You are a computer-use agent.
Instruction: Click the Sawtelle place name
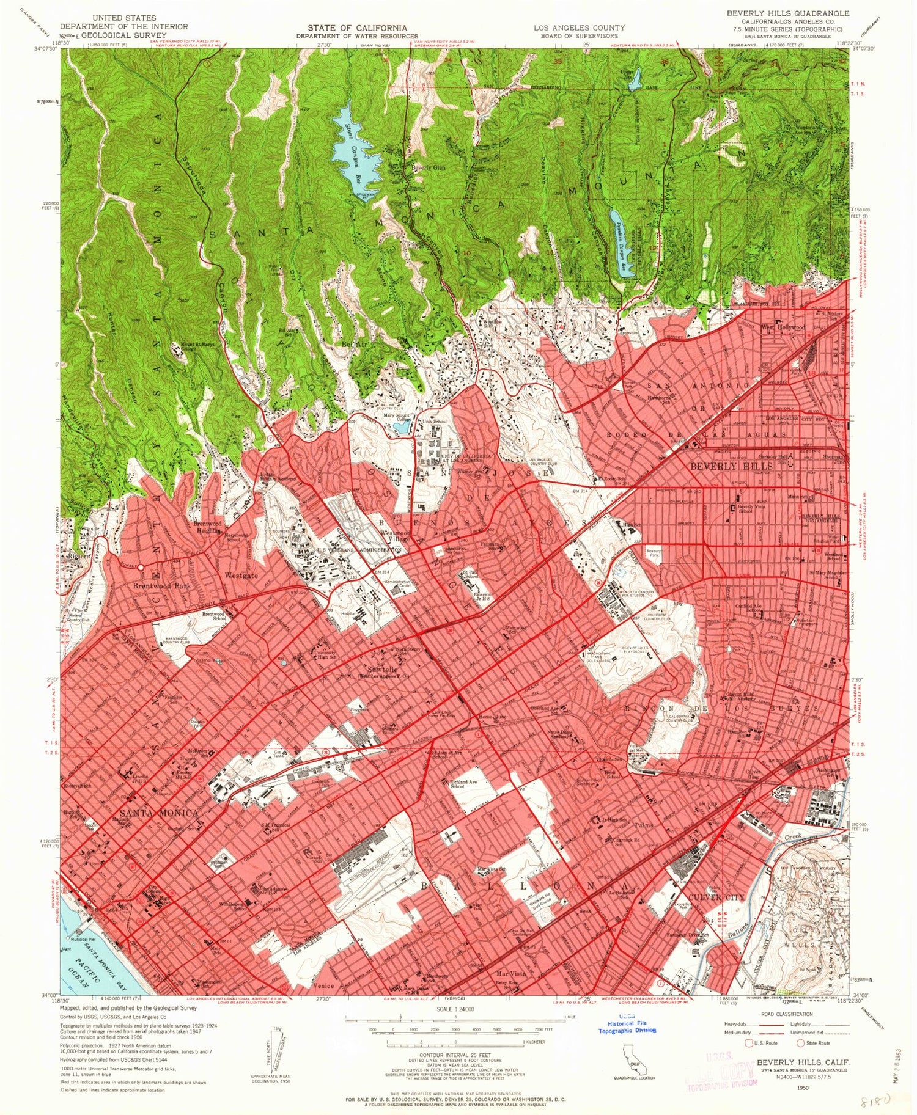[x=375, y=670]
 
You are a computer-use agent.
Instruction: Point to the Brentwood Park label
[x=162, y=585]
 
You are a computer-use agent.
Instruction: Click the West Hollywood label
[x=783, y=327]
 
